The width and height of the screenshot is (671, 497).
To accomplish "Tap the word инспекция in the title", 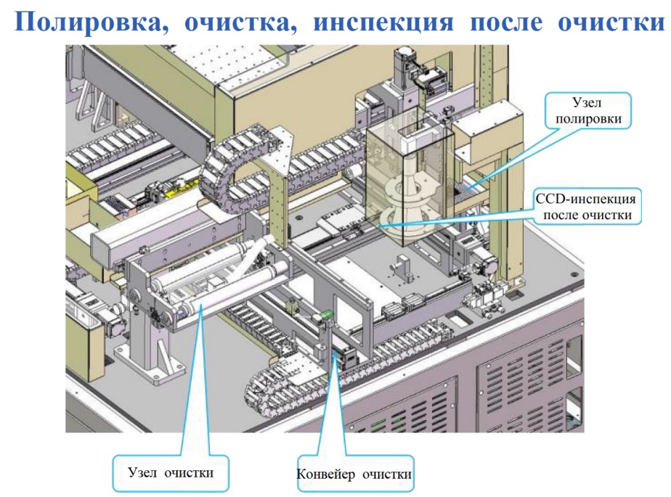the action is (x=383, y=22).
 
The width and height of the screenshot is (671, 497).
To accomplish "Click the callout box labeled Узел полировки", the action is (x=588, y=110).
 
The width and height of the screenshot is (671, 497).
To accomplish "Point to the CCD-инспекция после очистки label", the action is (x=587, y=206).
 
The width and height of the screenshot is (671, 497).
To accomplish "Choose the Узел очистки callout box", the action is (x=171, y=473).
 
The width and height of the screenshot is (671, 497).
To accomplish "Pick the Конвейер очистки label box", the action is (x=355, y=474).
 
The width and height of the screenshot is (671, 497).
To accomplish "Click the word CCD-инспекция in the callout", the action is (x=586, y=199).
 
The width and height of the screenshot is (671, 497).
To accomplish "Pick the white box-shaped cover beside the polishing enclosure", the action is (x=487, y=132).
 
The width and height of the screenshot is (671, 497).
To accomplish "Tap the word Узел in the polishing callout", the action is (x=587, y=102).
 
